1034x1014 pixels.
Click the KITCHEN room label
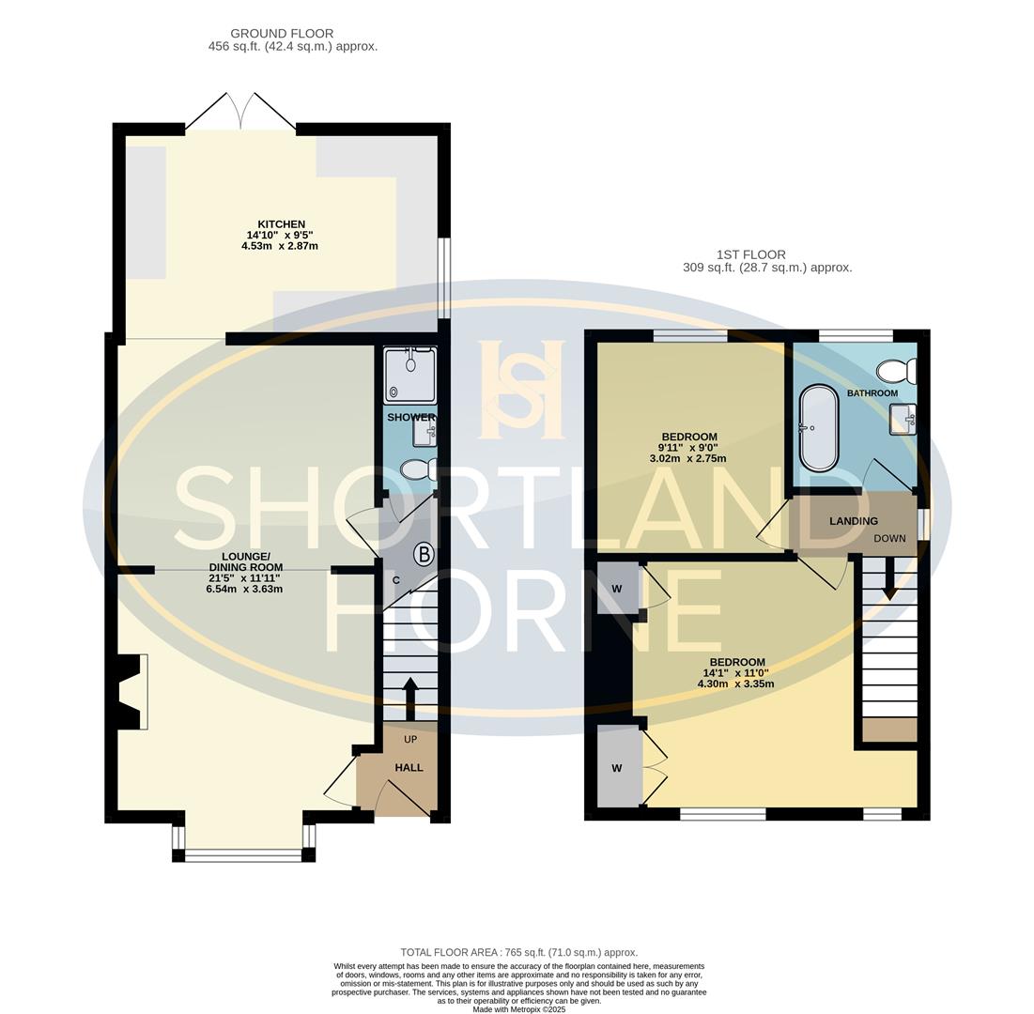(281, 224)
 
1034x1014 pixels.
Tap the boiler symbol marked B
(424, 555)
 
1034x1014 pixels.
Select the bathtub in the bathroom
(818, 428)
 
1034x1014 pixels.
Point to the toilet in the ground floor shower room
(418, 470)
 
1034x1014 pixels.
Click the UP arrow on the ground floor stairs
(410, 699)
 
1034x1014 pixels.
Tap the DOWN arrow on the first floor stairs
(889, 578)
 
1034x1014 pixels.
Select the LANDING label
(854, 521)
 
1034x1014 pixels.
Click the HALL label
(409, 767)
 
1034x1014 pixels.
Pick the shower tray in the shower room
(410, 376)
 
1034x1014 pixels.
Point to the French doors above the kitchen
(240, 111)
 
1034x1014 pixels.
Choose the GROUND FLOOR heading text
(282, 33)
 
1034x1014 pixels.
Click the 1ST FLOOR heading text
(751, 254)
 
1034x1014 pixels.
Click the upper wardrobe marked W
(618, 589)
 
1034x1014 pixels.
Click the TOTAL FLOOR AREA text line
(519, 953)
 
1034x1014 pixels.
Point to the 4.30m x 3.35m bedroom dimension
(736, 684)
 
